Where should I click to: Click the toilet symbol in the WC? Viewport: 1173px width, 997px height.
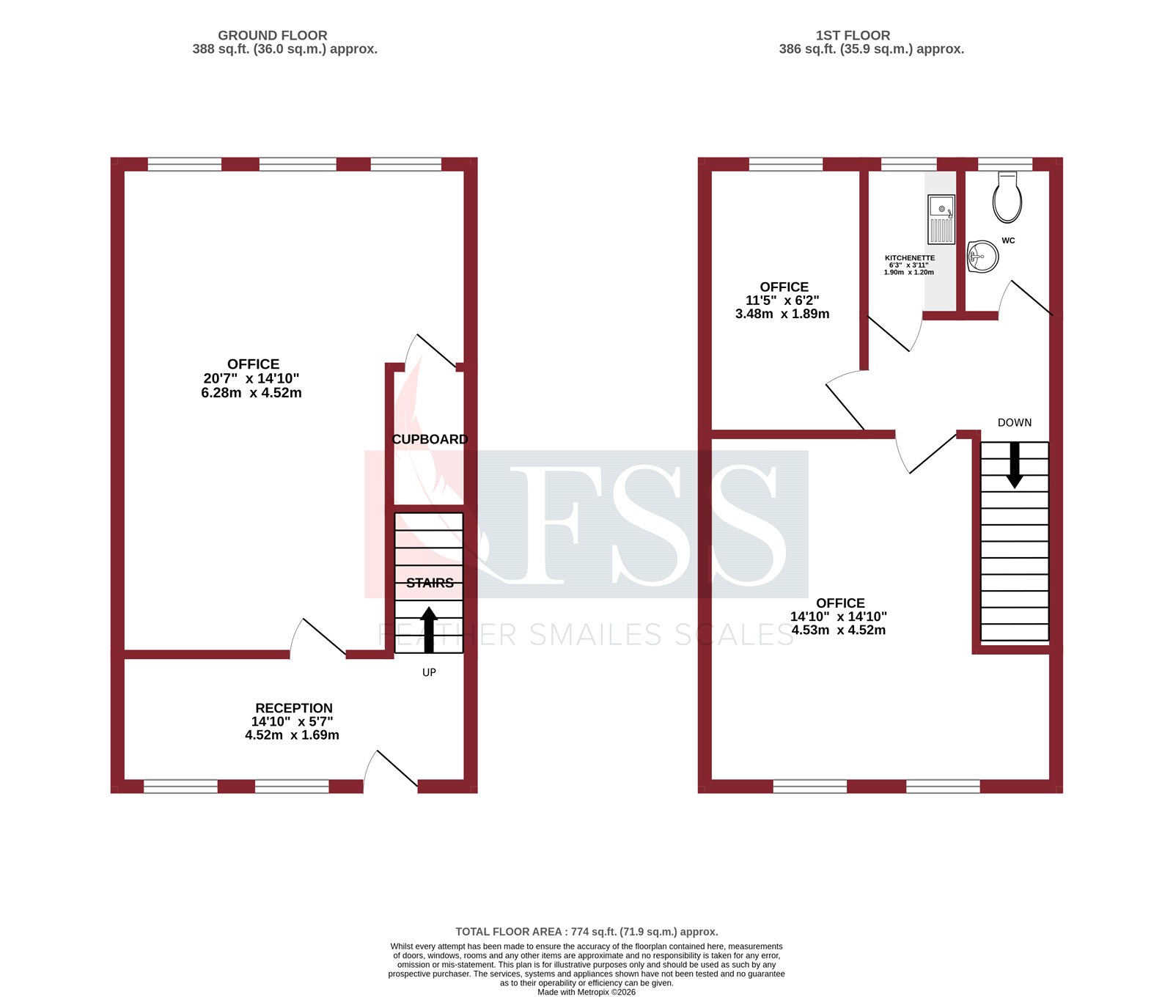pos(1007,198)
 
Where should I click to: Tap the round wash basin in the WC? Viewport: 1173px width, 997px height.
pos(983,257)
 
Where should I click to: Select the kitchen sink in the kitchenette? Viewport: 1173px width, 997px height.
pos(941,219)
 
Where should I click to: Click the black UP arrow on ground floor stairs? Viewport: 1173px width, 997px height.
pos(429,629)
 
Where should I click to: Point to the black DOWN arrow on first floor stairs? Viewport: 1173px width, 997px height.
pos(1015,465)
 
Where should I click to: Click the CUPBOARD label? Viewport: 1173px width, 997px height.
pos(430,439)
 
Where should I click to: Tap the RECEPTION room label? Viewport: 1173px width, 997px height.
pos(293,708)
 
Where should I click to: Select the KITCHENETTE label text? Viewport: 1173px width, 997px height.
pos(910,258)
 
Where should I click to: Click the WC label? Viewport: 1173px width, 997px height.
pos(1008,240)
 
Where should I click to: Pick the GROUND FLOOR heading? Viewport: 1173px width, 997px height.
pos(272,35)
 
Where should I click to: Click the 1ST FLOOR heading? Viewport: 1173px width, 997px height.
pos(853,35)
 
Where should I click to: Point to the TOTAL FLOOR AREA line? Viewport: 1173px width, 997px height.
pos(586,932)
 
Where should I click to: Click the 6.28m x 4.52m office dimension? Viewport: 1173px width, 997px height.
pos(251,393)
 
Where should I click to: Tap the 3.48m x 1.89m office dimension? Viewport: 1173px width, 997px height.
pos(782,314)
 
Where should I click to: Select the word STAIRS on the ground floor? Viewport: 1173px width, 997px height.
pos(430,583)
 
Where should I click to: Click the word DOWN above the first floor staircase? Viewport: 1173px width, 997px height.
pos(1014,422)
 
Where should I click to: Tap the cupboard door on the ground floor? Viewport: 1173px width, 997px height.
pos(435,350)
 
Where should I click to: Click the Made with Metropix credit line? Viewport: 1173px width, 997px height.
pos(586,992)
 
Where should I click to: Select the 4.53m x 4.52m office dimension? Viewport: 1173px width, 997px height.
pos(839,630)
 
